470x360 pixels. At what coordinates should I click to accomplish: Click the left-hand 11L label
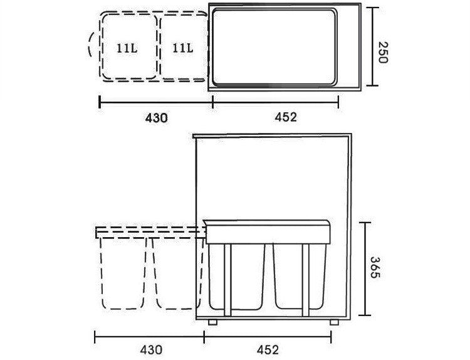127,48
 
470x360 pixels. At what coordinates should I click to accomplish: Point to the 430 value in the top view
156,117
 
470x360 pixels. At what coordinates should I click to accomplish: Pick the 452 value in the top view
285,117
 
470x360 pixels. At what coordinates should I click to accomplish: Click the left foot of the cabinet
214,322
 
